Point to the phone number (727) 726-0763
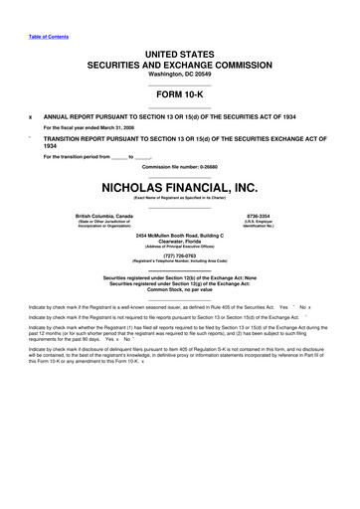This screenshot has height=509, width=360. coord(179,254)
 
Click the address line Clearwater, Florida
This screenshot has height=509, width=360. coord(179,240)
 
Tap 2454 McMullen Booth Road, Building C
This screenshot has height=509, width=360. coord(179,233)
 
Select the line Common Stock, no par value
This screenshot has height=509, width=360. coord(179,288)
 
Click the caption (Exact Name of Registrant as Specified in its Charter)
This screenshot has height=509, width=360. coord(179,196)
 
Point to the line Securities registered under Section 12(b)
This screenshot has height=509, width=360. coord(179,275)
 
